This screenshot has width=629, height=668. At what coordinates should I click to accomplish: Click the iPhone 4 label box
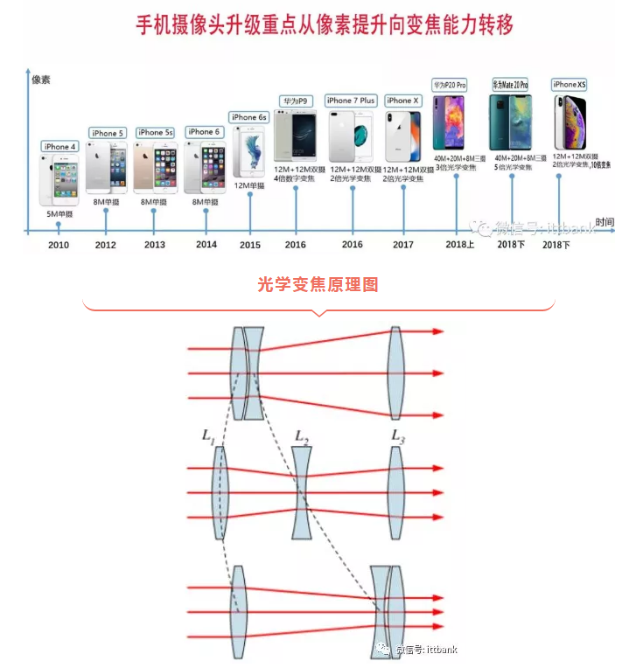60,146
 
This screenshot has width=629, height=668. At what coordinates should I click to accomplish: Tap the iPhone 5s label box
156,132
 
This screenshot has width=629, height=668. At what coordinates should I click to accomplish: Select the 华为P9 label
296,101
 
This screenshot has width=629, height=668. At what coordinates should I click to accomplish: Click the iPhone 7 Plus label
351,101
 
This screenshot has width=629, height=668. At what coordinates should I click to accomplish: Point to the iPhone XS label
570,84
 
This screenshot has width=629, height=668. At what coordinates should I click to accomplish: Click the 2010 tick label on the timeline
59,245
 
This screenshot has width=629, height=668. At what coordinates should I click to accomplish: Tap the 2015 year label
250,245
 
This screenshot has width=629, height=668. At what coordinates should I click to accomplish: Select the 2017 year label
403,245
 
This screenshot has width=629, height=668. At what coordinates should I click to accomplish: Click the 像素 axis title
41,80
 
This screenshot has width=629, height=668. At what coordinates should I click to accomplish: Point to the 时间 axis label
605,223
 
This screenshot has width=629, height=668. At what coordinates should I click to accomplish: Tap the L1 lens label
207,436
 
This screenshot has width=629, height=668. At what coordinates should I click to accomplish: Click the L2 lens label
302,436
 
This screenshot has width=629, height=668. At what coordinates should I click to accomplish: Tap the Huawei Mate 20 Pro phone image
509,124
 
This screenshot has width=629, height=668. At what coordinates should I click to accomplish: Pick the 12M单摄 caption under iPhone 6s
249,186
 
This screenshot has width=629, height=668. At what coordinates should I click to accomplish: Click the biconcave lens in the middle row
302,493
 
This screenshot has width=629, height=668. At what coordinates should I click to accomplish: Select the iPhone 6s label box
248,117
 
